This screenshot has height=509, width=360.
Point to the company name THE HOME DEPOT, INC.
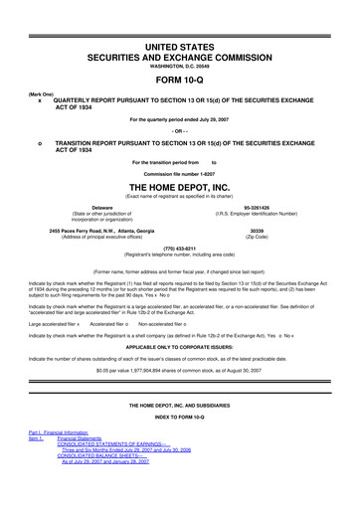coord(180,185)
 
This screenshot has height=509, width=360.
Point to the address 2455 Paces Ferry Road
coord(95,230)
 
